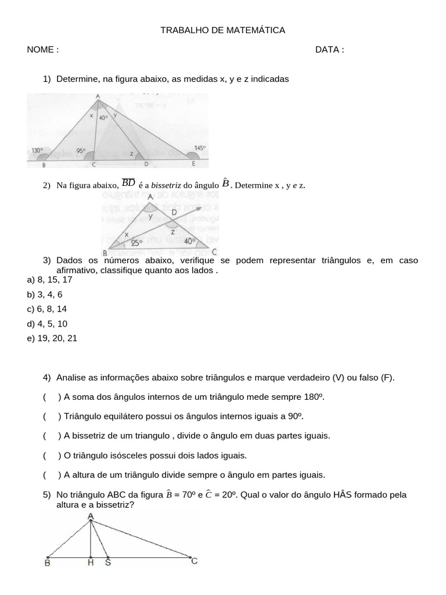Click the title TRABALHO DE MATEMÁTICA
click(222, 30)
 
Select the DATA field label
click(328, 49)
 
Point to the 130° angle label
click(37, 150)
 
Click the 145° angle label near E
click(200, 148)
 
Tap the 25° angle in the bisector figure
click(137, 243)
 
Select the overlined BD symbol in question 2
click(128, 183)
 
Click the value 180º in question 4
click(311, 397)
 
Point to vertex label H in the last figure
click(91, 562)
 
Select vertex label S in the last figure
click(108, 562)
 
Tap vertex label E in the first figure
click(193, 164)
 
